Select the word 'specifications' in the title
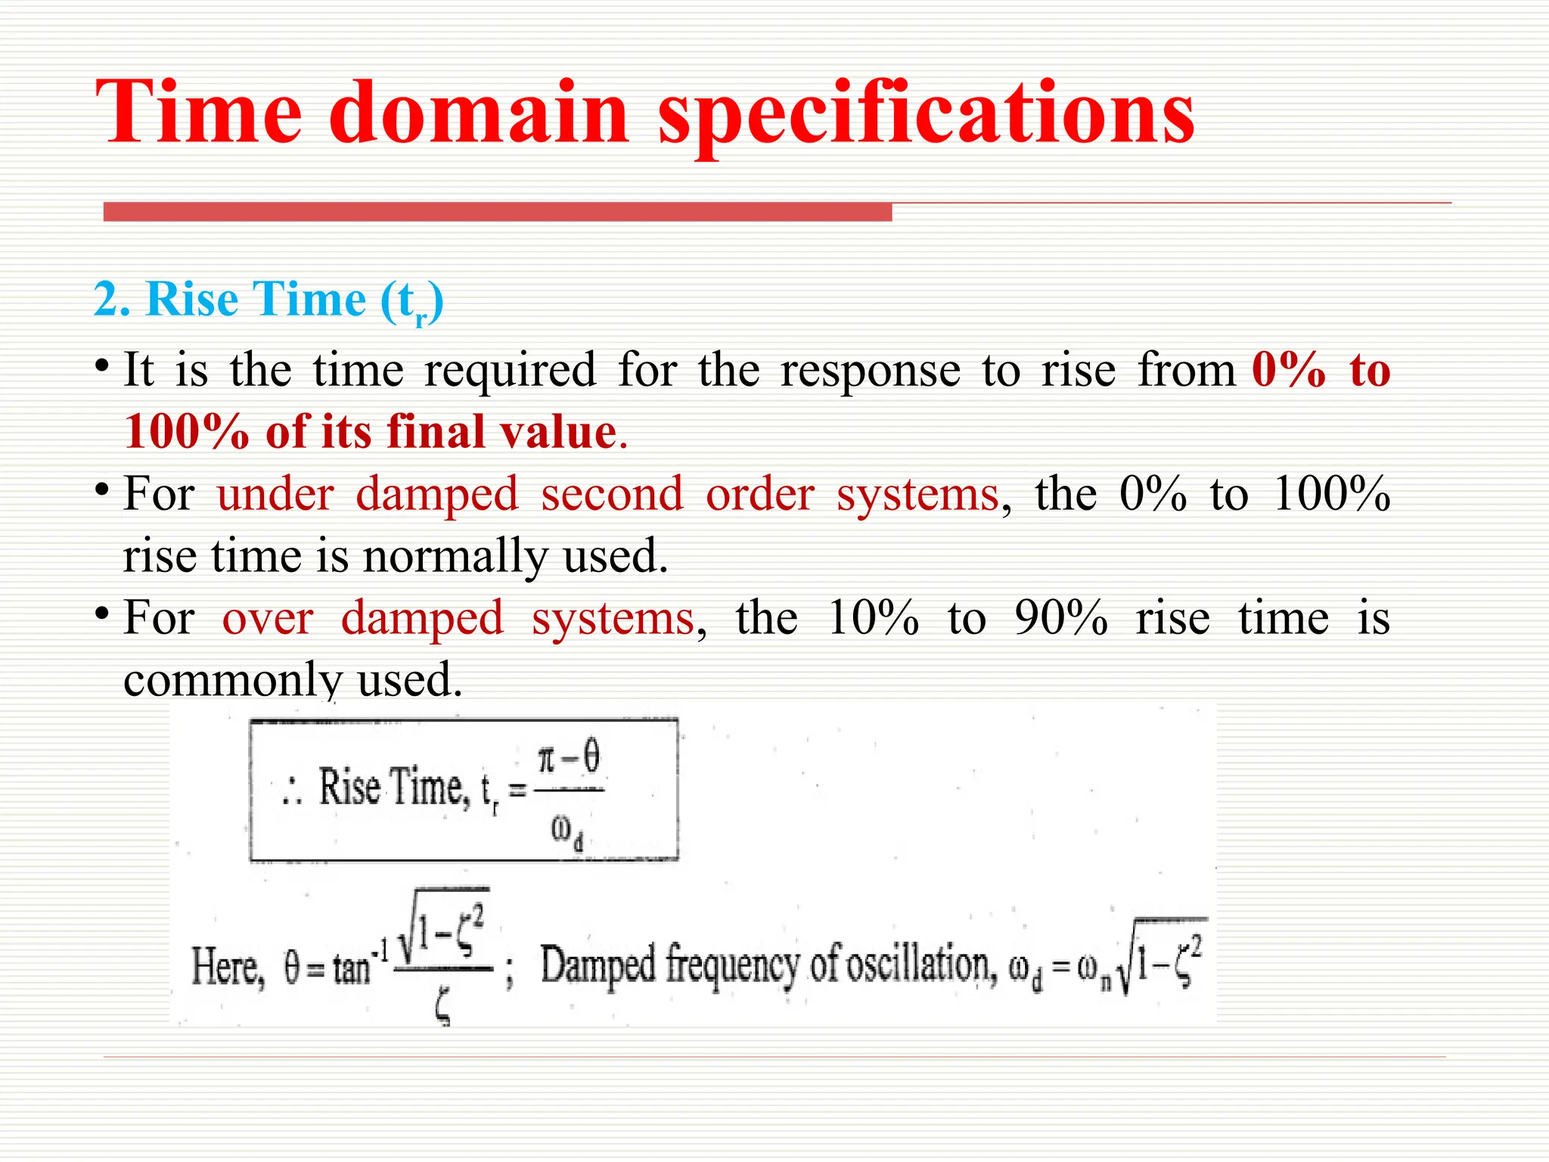[926, 113]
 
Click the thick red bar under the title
[497, 212]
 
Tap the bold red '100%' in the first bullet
[186, 432]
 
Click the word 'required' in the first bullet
[510, 371]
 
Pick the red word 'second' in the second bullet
[612, 494]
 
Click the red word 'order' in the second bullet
[759, 494]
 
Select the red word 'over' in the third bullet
[267, 618]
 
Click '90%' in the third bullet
[1061, 618]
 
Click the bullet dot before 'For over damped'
[101, 611]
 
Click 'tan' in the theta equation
[351, 968]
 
